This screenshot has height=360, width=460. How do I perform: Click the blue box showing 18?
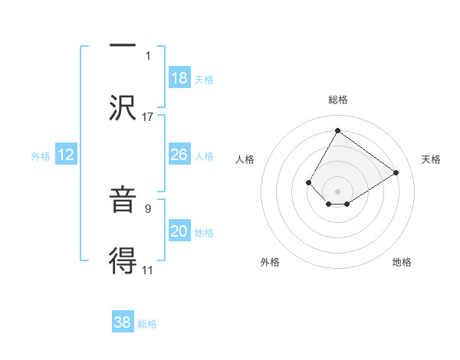[179, 77]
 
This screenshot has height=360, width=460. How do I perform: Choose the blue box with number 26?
[179, 155]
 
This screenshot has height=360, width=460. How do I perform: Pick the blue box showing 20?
[179, 231]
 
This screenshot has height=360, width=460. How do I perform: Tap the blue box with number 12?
[65, 155]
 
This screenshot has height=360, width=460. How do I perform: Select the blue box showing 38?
[122, 322]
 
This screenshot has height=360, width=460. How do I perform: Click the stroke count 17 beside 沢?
[148, 116]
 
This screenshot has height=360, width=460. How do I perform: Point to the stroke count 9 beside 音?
[148, 207]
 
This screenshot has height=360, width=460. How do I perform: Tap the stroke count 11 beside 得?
[148, 270]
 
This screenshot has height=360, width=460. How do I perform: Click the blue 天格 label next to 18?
[204, 79]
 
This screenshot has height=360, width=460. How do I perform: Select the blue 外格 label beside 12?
[41, 156]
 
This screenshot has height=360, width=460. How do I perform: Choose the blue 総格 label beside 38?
[147, 324]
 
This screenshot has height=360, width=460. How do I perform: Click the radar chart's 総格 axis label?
[337, 100]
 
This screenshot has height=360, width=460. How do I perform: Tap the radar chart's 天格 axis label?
[431, 159]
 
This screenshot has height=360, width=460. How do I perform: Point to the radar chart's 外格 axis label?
[270, 262]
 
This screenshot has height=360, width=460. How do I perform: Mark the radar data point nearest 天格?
[396, 172]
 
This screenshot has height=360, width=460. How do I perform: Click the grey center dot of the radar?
[337, 191]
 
